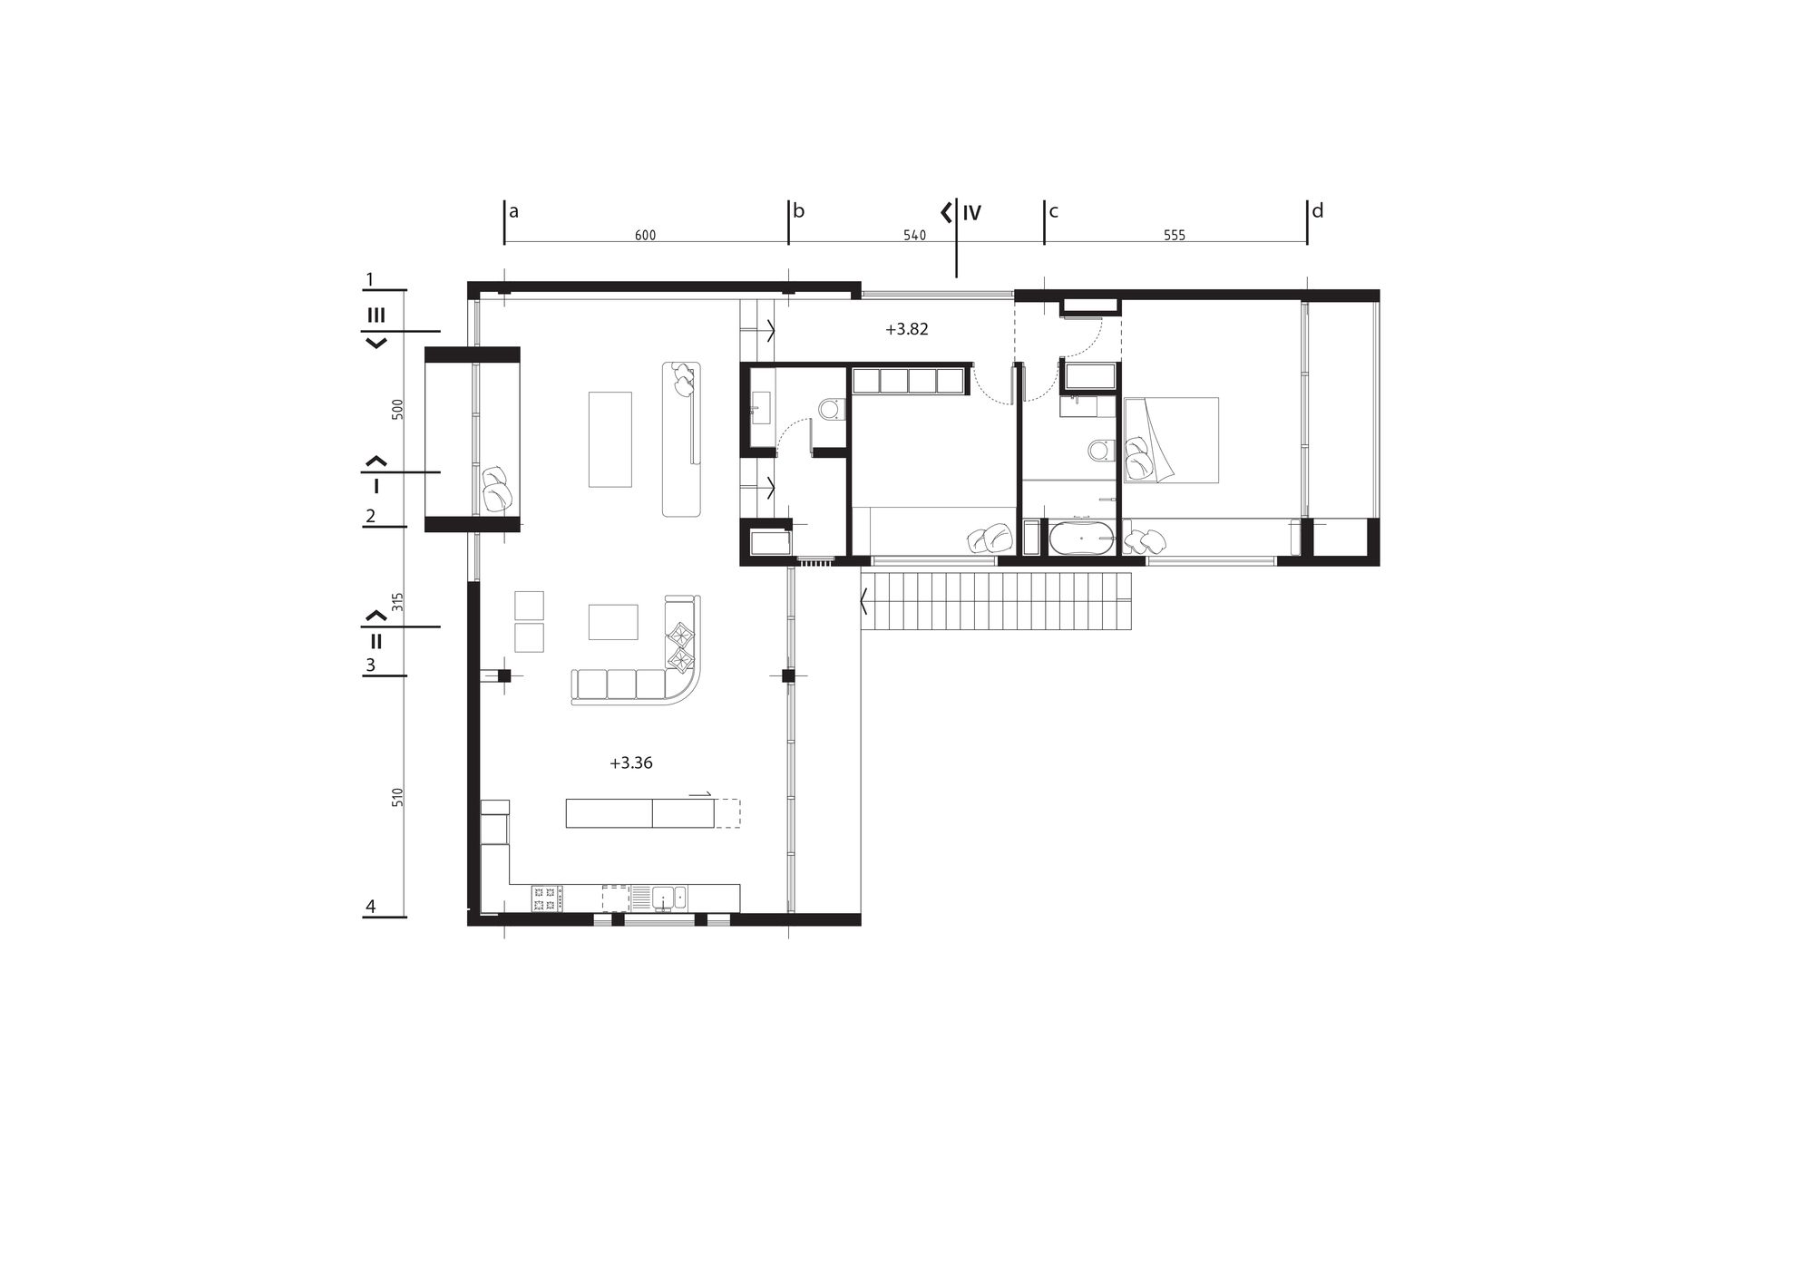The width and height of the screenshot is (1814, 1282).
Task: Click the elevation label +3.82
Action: tap(907, 330)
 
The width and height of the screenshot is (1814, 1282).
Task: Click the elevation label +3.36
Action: tap(631, 763)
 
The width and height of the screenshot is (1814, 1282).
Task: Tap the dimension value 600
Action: tap(645, 236)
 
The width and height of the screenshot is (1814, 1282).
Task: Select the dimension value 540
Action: tap(915, 236)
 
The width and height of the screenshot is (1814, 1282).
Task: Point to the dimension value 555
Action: tap(1175, 236)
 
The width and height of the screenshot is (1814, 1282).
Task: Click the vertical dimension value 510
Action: tap(397, 798)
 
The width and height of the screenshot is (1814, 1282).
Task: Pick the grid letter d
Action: tap(1318, 211)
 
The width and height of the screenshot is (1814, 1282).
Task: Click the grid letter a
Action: tap(513, 213)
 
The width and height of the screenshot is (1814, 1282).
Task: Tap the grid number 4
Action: tap(370, 906)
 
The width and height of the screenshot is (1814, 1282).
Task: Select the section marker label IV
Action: tap(971, 214)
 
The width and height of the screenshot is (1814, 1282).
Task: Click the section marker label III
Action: tap(375, 316)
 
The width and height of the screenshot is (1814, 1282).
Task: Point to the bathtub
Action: tap(1080, 538)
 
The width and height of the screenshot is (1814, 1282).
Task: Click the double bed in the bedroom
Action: tap(1171, 439)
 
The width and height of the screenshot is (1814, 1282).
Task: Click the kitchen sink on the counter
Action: tap(667, 898)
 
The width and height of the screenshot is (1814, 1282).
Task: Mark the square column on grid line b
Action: tap(788, 675)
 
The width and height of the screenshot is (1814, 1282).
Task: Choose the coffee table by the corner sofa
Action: tap(613, 622)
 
